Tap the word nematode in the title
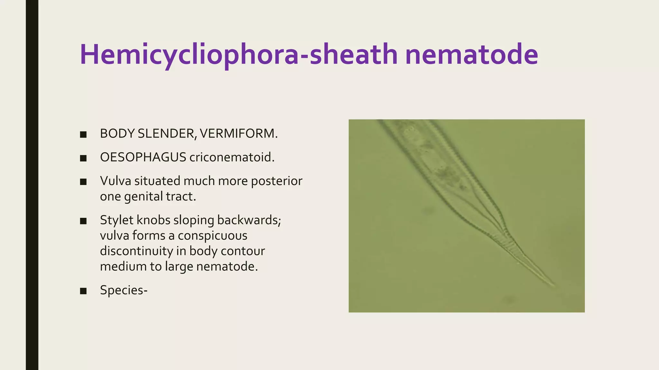coord(471,55)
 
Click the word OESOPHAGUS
coord(143,157)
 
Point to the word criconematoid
coord(232,157)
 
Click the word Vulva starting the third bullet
coord(116,181)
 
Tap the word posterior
coord(276,181)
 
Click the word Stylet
coord(116,220)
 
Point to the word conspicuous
coord(212,236)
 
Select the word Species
coord(122,290)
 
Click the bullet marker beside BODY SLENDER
coord(83,135)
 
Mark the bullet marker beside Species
coord(83,291)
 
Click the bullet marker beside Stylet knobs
coord(83,221)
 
